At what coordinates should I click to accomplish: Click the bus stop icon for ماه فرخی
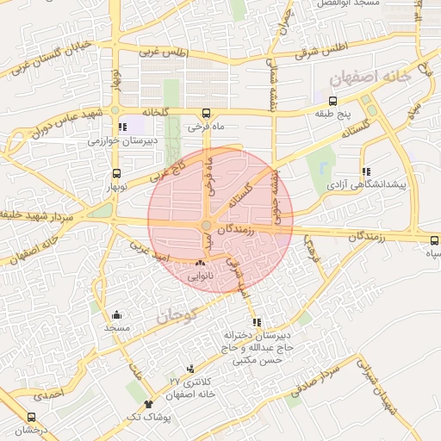(206, 113)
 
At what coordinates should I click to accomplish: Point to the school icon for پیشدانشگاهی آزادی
(366, 171)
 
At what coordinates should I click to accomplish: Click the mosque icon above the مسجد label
(116, 314)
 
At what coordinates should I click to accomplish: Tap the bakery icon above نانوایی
(201, 262)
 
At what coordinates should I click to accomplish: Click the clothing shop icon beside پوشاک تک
(149, 403)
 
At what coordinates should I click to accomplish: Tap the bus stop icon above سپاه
(434, 240)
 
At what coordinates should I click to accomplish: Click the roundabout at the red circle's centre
(206, 227)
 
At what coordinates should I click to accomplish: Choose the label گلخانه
(160, 113)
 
